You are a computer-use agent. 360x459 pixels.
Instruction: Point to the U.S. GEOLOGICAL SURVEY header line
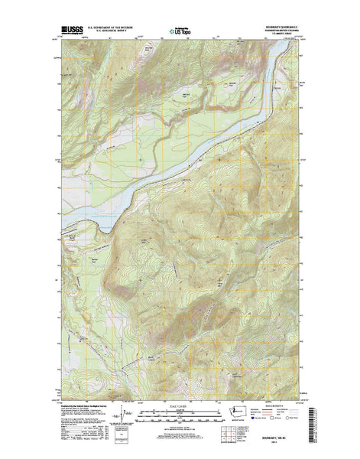click(x=112, y=34)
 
